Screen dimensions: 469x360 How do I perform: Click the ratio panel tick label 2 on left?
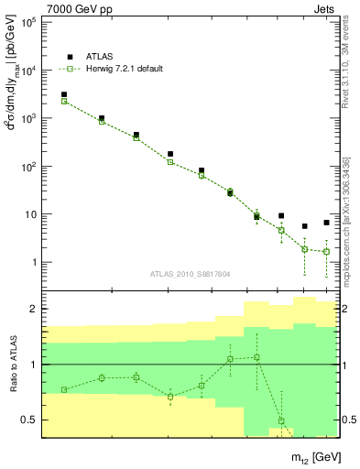[32, 309]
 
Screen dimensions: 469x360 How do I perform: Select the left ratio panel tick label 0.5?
[27, 420]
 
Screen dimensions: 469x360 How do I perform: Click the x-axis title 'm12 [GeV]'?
[308, 456]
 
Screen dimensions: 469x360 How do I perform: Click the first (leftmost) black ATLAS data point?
[63, 94]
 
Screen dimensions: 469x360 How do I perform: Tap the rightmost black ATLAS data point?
[326, 223]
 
